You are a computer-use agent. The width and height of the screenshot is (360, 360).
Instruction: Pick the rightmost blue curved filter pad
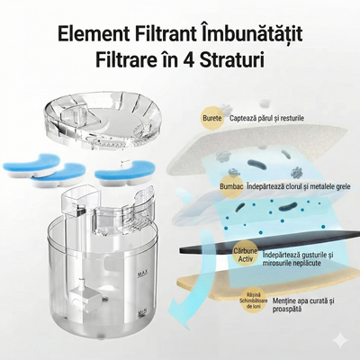tap(125, 167)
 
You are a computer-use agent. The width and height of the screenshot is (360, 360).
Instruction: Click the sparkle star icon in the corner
tap(341, 341)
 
